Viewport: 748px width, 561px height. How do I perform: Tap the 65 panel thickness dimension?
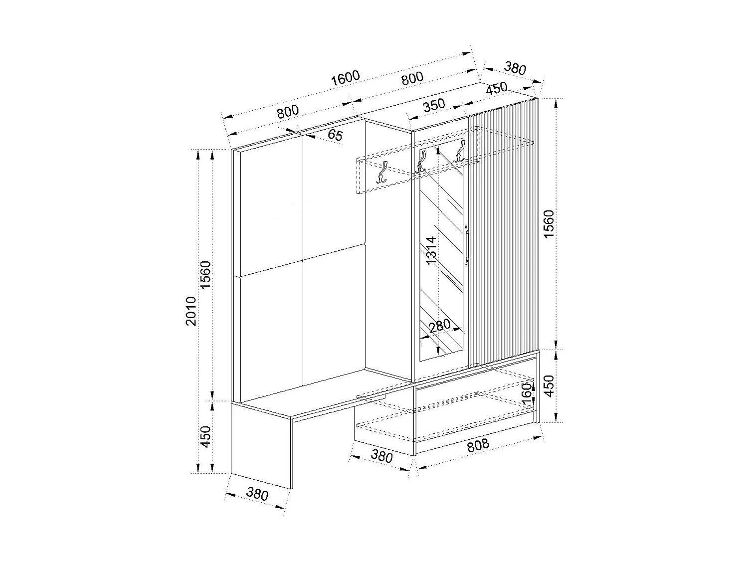(x=336, y=135)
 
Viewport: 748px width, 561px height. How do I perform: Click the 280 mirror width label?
(x=439, y=326)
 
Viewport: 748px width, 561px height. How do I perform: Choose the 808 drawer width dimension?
(x=478, y=445)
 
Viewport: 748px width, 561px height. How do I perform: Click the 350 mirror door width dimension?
(x=433, y=106)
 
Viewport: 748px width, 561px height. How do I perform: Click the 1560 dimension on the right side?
(x=549, y=224)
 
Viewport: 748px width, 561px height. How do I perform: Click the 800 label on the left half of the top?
(x=288, y=112)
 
